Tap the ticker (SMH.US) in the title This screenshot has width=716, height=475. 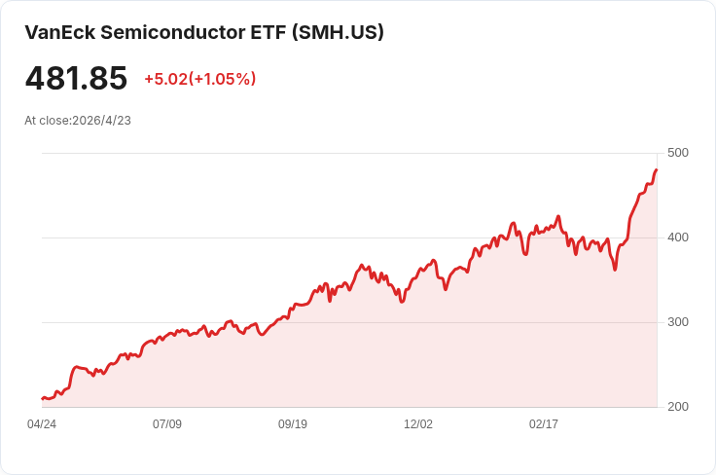pos(338,32)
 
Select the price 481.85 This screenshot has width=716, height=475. pos(76,79)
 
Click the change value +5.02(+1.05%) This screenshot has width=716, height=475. pos(199,79)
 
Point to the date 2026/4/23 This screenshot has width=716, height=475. pos(101,121)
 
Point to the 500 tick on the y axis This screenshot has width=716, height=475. pos(678,153)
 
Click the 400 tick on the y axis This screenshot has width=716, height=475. pos(678,237)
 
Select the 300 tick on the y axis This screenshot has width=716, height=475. pos(678,322)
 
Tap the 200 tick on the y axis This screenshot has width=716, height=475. pos(678,407)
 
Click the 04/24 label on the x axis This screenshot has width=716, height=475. pos(42,424)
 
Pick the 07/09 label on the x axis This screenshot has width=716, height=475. pos(167,424)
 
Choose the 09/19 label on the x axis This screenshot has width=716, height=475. pos(293,424)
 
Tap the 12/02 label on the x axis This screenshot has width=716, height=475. pos(418,424)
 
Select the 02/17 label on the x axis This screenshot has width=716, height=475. pos(544,424)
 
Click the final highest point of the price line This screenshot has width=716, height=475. pos(657,170)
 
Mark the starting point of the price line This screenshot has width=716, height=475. pos(42,398)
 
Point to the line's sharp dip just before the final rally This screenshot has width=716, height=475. pos(615,270)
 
